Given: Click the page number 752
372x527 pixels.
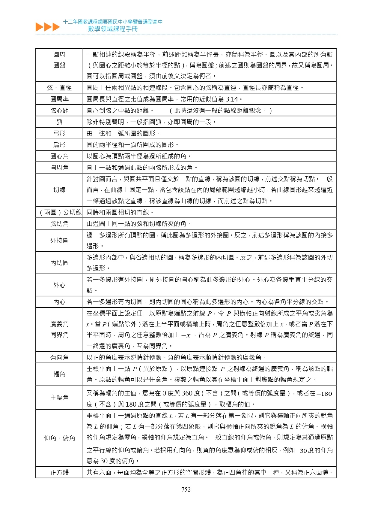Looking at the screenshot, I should point(186,489).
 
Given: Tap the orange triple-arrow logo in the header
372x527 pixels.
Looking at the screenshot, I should point(47,27).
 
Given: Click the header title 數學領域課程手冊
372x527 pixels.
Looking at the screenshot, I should point(113,29).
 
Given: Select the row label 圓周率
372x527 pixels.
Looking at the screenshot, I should point(59,99).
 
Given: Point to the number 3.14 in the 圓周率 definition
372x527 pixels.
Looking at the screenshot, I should point(232,99).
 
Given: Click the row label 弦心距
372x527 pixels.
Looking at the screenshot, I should point(59,111).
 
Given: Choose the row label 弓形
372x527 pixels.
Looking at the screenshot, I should point(59,133).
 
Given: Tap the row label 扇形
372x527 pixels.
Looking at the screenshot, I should point(59,145).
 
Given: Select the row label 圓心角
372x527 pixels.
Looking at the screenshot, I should point(59,156).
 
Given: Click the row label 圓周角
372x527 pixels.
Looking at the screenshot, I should point(59,168).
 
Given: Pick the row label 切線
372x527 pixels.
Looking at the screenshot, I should point(59,190).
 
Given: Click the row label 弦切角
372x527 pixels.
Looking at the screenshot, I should point(59,224).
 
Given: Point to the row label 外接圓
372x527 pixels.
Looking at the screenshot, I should point(59,241).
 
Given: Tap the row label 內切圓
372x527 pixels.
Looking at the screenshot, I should point(59,263).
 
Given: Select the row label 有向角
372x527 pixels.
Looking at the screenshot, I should point(59,357).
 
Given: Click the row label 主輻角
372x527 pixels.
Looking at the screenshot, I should point(59,398).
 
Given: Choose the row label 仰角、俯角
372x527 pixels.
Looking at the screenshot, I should point(59,438).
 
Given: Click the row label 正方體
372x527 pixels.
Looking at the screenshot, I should point(59,472).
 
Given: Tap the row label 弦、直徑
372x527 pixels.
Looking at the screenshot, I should point(59,88).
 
